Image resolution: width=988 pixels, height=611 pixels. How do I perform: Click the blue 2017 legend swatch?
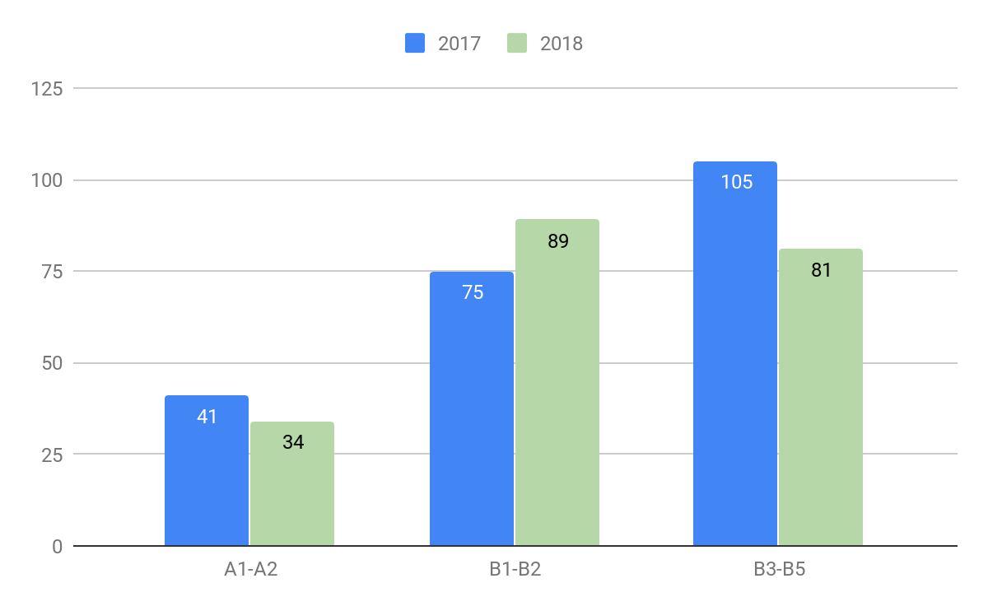[414, 44]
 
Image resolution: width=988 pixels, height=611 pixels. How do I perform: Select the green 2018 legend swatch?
[516, 44]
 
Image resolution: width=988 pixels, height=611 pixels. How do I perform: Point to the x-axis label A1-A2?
[250, 569]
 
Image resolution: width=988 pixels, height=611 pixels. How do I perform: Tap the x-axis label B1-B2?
[515, 569]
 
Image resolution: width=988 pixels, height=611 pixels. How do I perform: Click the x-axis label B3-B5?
[778, 569]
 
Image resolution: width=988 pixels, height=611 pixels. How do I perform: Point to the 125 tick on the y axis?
[46, 88]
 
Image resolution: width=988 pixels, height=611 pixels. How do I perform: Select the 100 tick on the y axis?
[46, 180]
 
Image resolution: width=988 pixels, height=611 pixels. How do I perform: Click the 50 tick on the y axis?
[51, 363]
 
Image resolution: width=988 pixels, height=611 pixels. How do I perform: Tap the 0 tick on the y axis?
[56, 546]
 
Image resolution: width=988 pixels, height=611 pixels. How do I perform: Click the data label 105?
[736, 182]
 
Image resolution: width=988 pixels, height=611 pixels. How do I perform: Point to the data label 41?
[207, 417]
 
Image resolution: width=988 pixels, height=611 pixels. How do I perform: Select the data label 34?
[293, 442]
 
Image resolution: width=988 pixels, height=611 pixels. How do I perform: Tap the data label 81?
[821, 269]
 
